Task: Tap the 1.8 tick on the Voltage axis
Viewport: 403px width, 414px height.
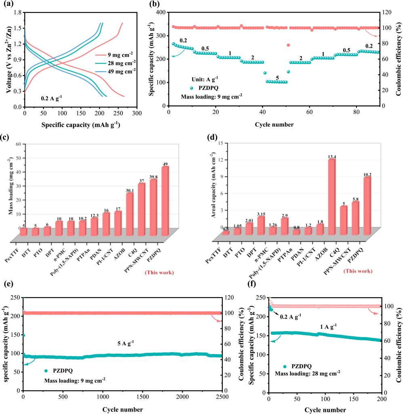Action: point(17,13)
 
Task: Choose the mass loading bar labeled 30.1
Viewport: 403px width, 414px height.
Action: point(130,214)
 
